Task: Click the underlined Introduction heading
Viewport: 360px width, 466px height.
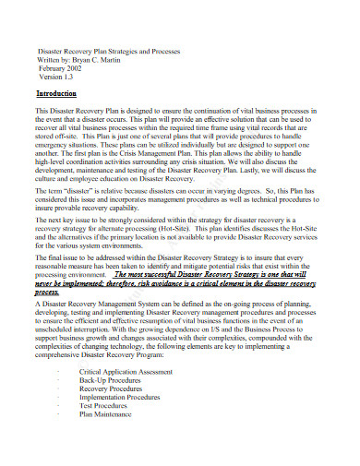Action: (x=56, y=94)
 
